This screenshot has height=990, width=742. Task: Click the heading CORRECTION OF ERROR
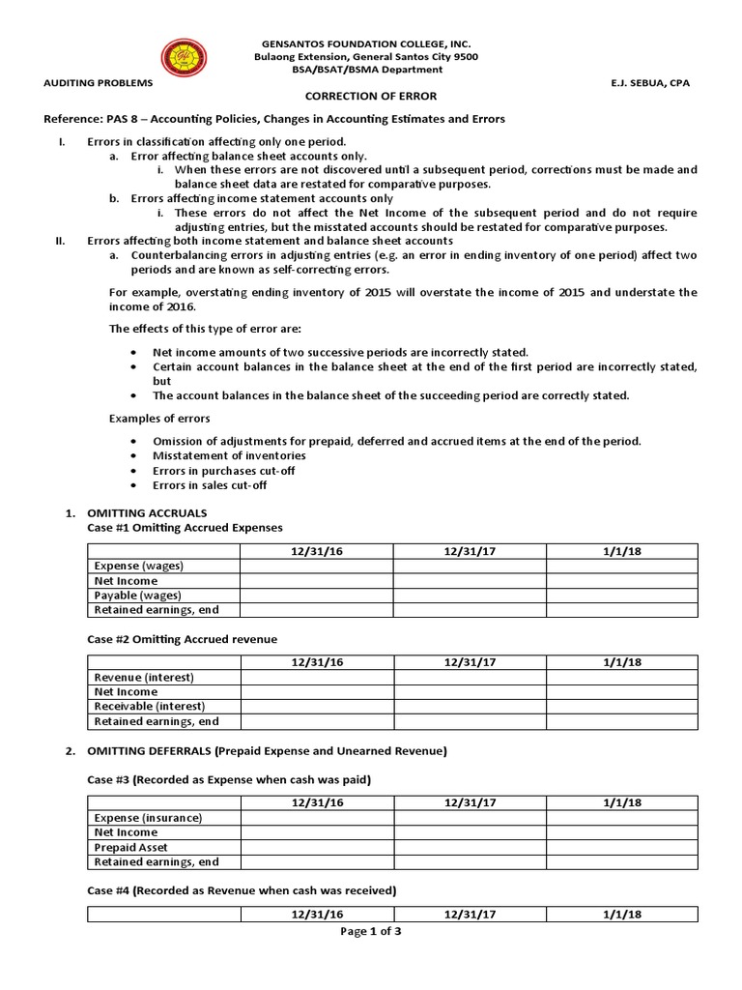(x=371, y=97)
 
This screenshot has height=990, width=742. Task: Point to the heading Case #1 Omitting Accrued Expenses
(x=185, y=527)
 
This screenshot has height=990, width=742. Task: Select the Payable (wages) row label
(x=137, y=595)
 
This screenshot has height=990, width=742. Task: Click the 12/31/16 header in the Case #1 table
(x=317, y=551)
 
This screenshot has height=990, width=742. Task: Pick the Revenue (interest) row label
(x=143, y=677)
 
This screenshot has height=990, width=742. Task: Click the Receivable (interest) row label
(x=147, y=706)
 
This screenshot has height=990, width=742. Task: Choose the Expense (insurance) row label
(x=147, y=818)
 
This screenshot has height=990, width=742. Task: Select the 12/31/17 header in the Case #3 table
(x=470, y=802)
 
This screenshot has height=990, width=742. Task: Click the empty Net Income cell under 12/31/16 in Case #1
(x=317, y=580)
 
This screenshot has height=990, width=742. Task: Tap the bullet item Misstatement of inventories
(x=229, y=455)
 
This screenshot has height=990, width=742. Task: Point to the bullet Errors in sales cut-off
(x=210, y=485)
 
